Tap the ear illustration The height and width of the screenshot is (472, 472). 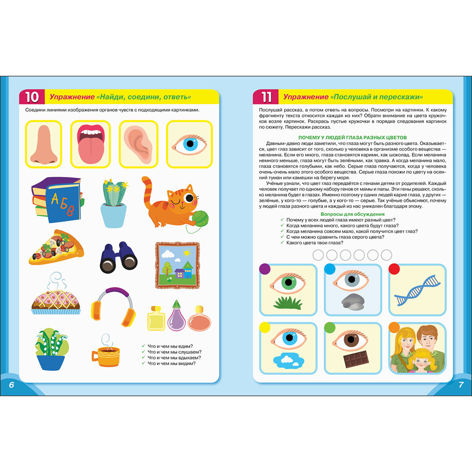[138, 144]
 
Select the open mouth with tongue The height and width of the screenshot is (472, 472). [91, 144]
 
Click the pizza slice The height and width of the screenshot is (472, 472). [56, 247]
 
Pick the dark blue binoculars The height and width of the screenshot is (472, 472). [118, 257]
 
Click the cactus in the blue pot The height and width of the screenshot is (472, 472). [113, 203]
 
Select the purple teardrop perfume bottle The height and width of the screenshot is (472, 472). [177, 315]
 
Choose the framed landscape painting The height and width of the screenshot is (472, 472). [177, 265]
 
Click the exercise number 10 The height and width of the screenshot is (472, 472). [32, 97]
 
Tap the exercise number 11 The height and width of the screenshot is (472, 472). [266, 97]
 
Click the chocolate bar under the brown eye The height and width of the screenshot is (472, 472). [356, 359]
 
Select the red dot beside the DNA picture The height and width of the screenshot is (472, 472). [394, 269]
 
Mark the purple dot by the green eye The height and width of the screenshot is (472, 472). [265, 269]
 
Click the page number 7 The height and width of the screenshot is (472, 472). [461, 384]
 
